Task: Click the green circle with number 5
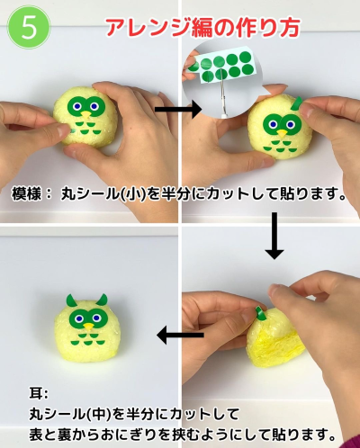29,27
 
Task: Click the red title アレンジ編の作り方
202,28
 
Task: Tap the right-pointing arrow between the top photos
178,110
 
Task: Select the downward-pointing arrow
274,236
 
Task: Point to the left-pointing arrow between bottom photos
180,335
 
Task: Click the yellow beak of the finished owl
88,327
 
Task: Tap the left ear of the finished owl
70,300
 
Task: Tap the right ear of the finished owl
103,300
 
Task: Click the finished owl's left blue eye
79,318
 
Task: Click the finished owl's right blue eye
96,318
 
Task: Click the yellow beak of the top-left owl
85,115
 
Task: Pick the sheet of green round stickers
221,66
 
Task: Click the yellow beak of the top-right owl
282,134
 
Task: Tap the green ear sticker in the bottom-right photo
259,313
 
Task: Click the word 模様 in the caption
26,193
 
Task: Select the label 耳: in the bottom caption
38,393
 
